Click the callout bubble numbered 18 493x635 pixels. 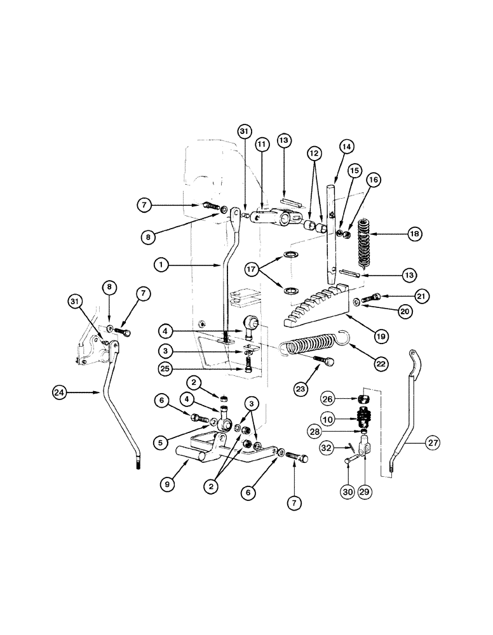coord(415,234)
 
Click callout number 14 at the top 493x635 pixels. coord(345,146)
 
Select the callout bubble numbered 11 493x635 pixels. coord(261,145)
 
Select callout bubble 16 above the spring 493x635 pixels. coord(373,181)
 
